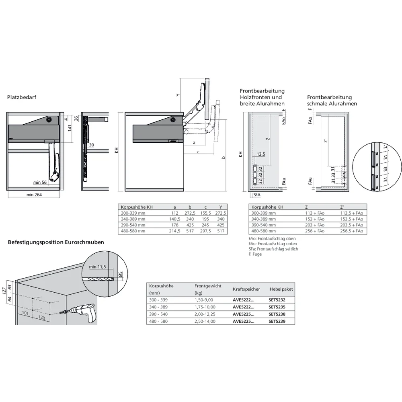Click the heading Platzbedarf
(20, 97)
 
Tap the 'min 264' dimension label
(35, 195)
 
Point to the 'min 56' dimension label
(41, 182)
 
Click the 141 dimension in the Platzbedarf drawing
(70, 128)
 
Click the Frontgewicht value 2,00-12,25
(205, 314)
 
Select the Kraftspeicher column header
(246, 289)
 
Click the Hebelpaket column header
(281, 289)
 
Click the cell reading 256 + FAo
(315, 231)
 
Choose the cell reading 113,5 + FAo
(351, 213)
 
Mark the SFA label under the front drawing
(257, 195)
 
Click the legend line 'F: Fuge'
(255, 254)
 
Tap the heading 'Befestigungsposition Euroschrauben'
(56, 242)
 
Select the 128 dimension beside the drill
(42, 318)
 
